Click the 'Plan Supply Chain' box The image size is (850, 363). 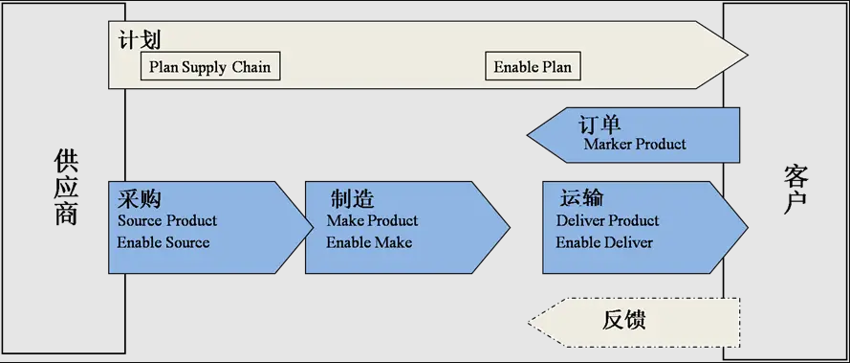(x=210, y=67)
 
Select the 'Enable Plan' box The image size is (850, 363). (x=533, y=67)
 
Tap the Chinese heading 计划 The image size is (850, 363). (x=140, y=41)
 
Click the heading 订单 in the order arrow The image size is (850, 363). (x=599, y=125)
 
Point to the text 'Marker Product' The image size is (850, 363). (x=635, y=145)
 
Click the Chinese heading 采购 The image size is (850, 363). (x=139, y=199)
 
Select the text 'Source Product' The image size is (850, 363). (x=167, y=220)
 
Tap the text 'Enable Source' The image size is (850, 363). (x=163, y=242)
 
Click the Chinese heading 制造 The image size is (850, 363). (x=352, y=199)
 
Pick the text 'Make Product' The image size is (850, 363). (x=372, y=220)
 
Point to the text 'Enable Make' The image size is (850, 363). (x=369, y=242)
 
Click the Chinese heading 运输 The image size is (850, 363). (x=580, y=199)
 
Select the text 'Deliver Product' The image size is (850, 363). (x=607, y=220)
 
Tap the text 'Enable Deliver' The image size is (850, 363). (x=604, y=242)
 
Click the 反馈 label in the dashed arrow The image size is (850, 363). (x=624, y=320)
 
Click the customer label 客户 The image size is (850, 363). (x=796, y=188)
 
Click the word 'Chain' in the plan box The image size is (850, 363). (x=251, y=67)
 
